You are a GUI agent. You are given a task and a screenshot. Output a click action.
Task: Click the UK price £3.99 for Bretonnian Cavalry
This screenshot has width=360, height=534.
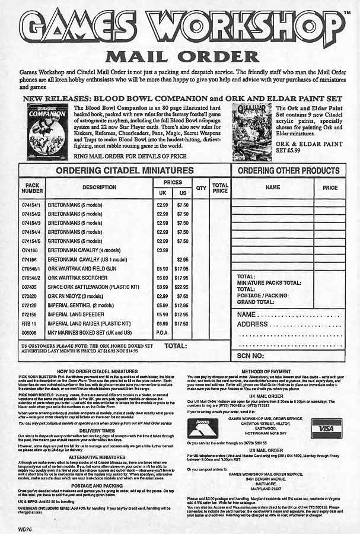[161, 250]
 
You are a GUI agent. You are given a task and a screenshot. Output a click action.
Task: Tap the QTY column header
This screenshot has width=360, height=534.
[201, 187]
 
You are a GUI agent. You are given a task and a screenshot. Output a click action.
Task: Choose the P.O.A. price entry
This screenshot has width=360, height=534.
[161, 333]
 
